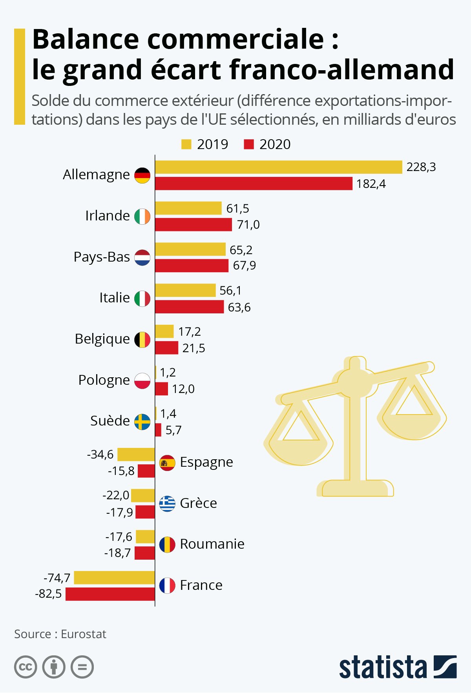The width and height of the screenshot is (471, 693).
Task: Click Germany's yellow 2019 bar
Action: (279, 167)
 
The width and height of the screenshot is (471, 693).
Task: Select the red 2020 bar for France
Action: (110, 594)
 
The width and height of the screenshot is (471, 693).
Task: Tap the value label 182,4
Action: (371, 184)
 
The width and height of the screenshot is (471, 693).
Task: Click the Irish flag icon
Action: (142, 216)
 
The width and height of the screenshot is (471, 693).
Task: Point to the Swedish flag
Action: (142, 422)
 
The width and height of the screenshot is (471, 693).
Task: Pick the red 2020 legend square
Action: (249, 144)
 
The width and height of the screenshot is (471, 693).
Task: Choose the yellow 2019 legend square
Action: (186, 144)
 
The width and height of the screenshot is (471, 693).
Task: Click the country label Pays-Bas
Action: (102, 257)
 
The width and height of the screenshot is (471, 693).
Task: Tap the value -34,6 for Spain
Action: (100, 454)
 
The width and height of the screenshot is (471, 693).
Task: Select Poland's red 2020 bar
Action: (161, 389)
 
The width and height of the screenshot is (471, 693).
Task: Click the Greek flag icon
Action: (167, 504)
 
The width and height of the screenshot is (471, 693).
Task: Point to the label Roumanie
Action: (212, 544)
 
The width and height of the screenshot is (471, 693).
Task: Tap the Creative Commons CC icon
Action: (26, 667)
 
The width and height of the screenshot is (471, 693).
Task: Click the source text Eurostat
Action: (84, 634)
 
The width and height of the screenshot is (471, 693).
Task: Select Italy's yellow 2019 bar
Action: (185, 290)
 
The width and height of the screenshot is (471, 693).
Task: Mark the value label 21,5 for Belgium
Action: (194, 348)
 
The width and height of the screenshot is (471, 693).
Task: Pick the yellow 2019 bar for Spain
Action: (136, 454)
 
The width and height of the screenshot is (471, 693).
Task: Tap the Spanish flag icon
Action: (167, 463)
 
